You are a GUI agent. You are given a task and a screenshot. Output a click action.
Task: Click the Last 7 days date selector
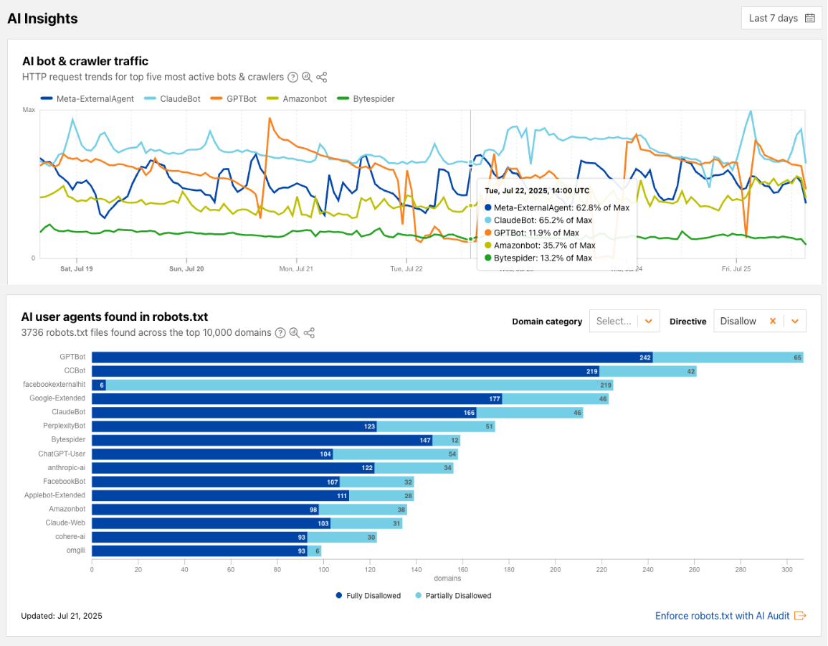click(781, 19)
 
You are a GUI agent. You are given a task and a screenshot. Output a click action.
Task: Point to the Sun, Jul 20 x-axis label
click(186, 269)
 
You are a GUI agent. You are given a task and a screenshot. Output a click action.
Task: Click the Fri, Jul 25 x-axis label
click(736, 269)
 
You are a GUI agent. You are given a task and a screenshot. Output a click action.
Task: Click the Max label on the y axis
click(29, 110)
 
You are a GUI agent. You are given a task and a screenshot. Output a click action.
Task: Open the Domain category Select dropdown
click(624, 322)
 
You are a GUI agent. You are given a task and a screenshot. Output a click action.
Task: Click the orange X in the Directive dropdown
click(773, 322)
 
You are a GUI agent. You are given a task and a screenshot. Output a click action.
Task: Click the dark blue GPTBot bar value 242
click(645, 357)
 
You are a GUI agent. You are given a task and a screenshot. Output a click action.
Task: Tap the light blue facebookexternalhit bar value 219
click(605, 385)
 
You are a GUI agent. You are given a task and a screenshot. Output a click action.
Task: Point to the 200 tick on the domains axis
click(556, 570)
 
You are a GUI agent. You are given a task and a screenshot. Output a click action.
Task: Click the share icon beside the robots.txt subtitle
click(309, 333)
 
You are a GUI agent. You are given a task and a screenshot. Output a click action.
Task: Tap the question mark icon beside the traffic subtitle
click(292, 78)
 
